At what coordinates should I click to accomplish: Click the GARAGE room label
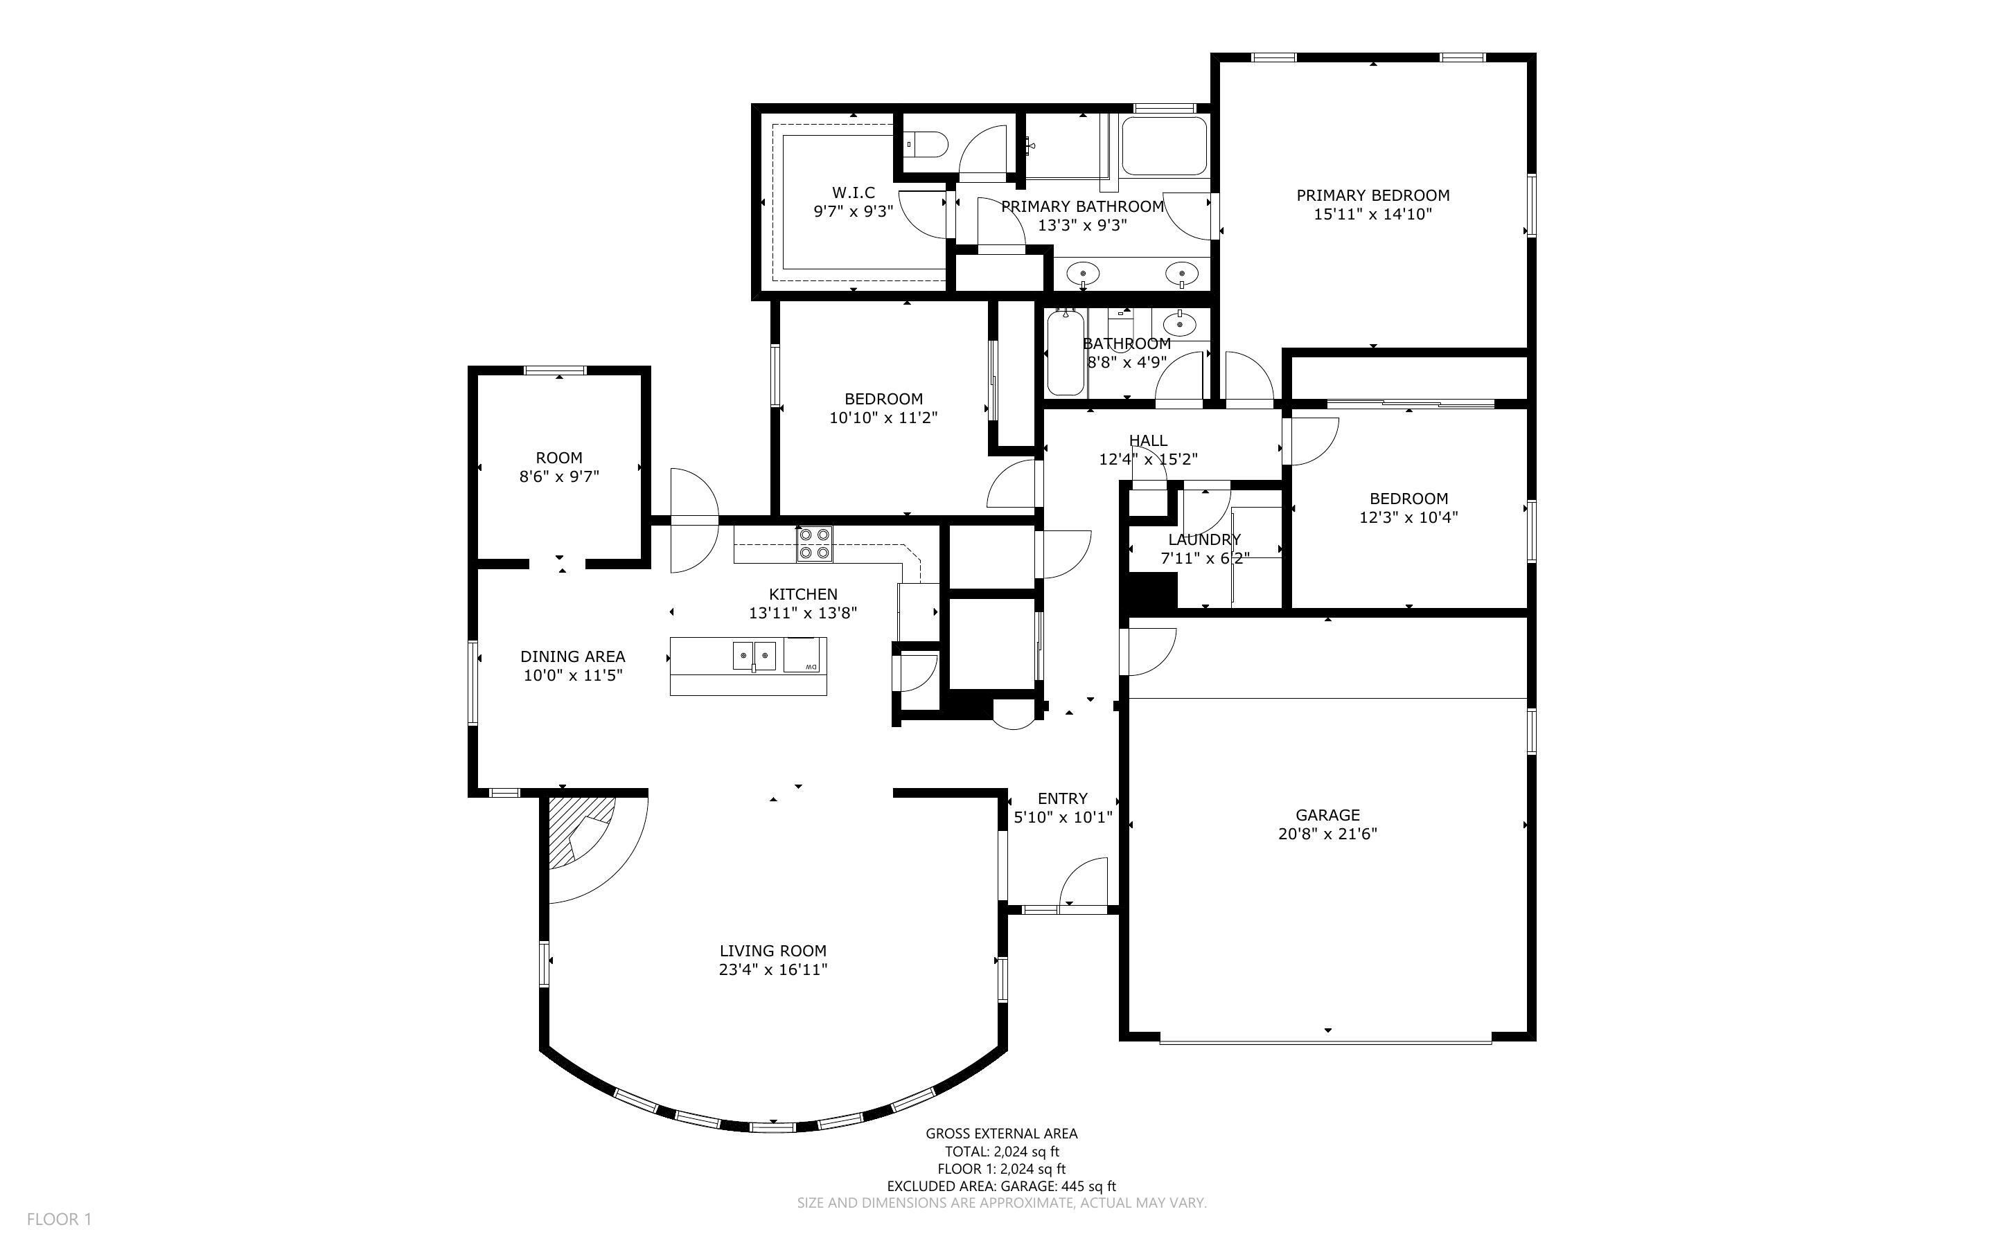coord(1327,815)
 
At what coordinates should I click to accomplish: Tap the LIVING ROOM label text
coord(772,951)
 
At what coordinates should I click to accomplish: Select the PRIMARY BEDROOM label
coord(1372,195)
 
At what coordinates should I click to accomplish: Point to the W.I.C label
coord(853,192)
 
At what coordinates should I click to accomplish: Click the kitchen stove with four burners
coord(815,544)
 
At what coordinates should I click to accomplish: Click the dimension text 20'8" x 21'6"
coord(1327,834)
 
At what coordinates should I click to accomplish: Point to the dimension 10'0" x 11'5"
coord(573,676)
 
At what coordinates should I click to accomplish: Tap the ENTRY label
coord(1063,798)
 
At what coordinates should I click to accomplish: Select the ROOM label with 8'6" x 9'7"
coord(559,458)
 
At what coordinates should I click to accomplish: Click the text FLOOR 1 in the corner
coord(60,1219)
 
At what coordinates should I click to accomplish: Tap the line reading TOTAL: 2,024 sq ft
coord(1002,1151)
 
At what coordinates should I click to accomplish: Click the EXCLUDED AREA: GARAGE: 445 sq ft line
coord(1001,1186)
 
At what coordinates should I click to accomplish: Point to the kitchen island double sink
coord(754,656)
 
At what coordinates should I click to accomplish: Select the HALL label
coord(1148,440)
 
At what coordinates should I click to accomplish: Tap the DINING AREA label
coord(573,656)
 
